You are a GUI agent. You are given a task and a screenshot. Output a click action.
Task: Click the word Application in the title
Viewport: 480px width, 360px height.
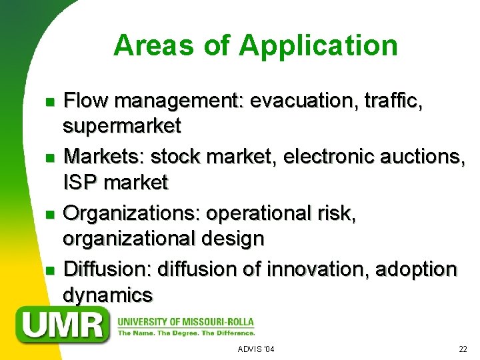tap(318, 46)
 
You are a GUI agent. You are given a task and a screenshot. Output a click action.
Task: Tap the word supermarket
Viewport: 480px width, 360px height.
tap(121, 125)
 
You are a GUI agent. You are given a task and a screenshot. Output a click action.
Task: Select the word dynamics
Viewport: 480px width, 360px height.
tap(107, 294)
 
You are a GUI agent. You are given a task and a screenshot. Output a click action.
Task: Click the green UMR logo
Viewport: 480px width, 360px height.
tap(64, 325)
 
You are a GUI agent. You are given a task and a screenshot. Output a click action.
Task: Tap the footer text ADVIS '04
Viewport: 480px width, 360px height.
tap(256, 349)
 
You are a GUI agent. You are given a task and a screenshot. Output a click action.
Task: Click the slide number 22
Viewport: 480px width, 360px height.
tap(463, 349)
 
